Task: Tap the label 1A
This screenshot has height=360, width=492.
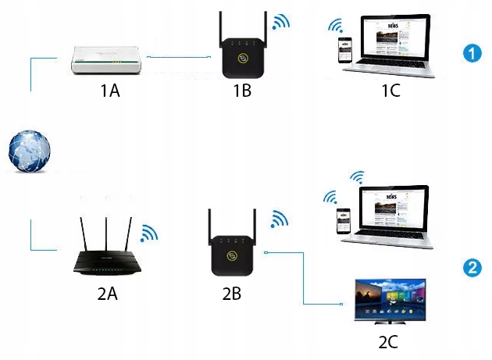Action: pos(109,91)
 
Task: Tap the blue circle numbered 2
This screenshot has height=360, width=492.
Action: pos(471,268)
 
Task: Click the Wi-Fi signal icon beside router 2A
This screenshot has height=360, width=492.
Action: pos(148,233)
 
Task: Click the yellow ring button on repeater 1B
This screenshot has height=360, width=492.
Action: pos(243,60)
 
